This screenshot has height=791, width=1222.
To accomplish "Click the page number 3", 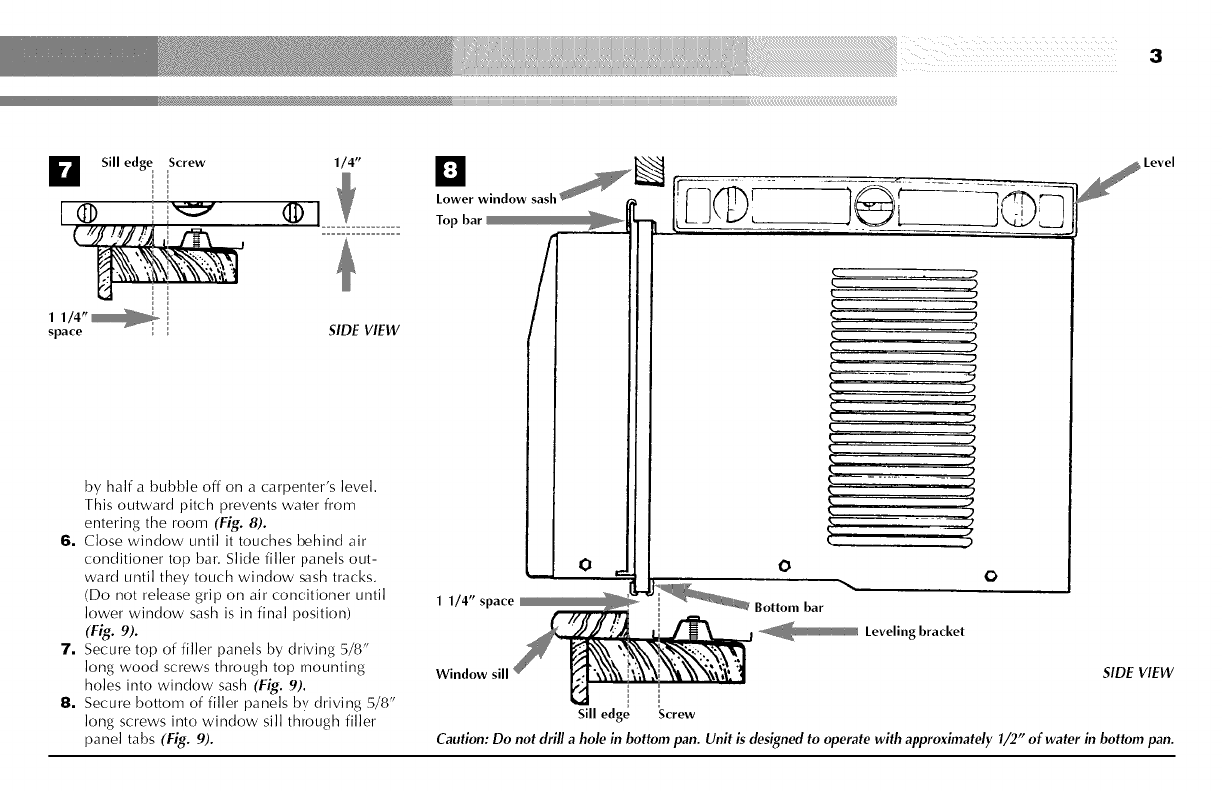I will click(x=1155, y=56).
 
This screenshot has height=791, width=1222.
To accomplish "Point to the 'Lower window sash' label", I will click(x=496, y=199).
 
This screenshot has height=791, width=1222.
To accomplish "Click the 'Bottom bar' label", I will click(x=789, y=606).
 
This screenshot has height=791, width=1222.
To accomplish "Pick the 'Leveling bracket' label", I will click(x=915, y=631).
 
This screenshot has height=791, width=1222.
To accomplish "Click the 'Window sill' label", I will click(x=471, y=673).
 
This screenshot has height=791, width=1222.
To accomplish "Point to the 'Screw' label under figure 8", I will click(x=677, y=714).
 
